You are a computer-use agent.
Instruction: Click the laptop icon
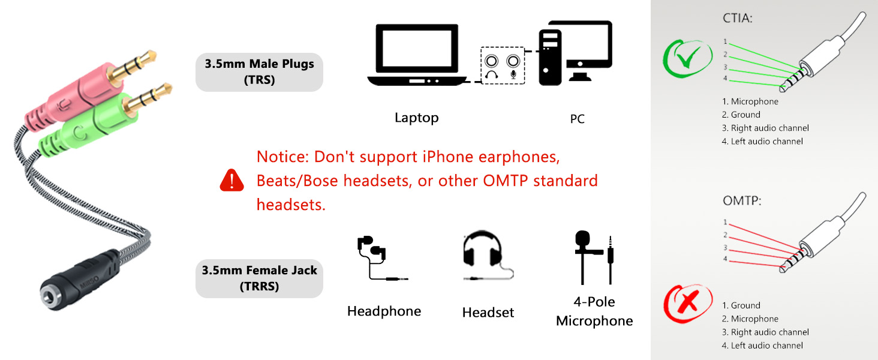(416, 55)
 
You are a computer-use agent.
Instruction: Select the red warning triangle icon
(232, 180)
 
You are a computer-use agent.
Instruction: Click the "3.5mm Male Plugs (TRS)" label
(259, 72)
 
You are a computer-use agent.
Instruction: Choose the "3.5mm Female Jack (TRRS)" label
(259, 278)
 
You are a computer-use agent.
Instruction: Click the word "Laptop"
(416, 118)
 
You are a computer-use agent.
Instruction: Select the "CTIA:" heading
(737, 18)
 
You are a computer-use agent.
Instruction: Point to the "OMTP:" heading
(741, 201)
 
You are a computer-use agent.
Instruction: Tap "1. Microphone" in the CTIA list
(750, 101)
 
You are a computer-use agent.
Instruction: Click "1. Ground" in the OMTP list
(741, 305)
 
